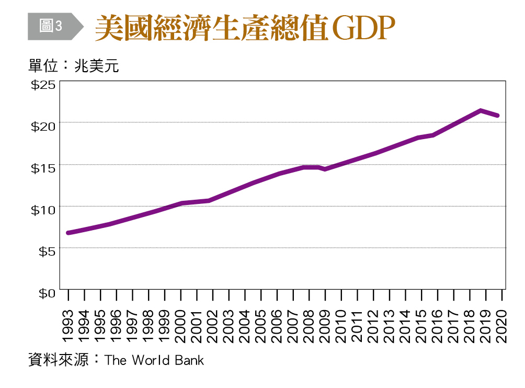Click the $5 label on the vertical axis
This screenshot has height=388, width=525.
tap(45, 252)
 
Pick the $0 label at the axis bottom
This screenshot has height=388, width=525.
tap(45, 293)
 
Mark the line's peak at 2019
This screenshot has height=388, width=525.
tap(481, 110)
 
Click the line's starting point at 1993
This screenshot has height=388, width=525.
tap(69, 233)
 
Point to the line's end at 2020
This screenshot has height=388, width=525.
tap(497, 116)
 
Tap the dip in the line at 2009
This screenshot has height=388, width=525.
tap(325, 169)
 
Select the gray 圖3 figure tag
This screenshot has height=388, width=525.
tap(51, 26)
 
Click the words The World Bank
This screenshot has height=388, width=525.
tap(154, 360)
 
